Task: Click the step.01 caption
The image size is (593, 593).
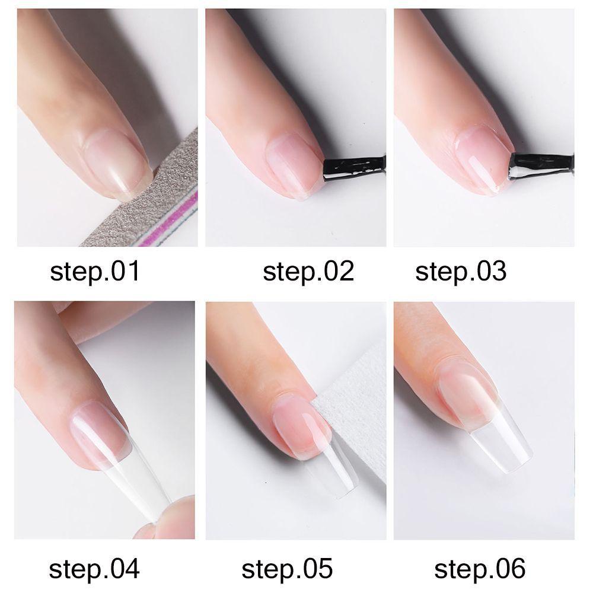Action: coord(95,272)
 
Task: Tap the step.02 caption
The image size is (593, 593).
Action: coord(308,272)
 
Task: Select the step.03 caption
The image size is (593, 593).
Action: coord(461,272)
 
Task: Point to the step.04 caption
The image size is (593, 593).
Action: coord(94,568)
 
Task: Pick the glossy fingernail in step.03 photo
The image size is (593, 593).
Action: coord(480,157)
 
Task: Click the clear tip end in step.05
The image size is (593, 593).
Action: coord(335,477)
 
